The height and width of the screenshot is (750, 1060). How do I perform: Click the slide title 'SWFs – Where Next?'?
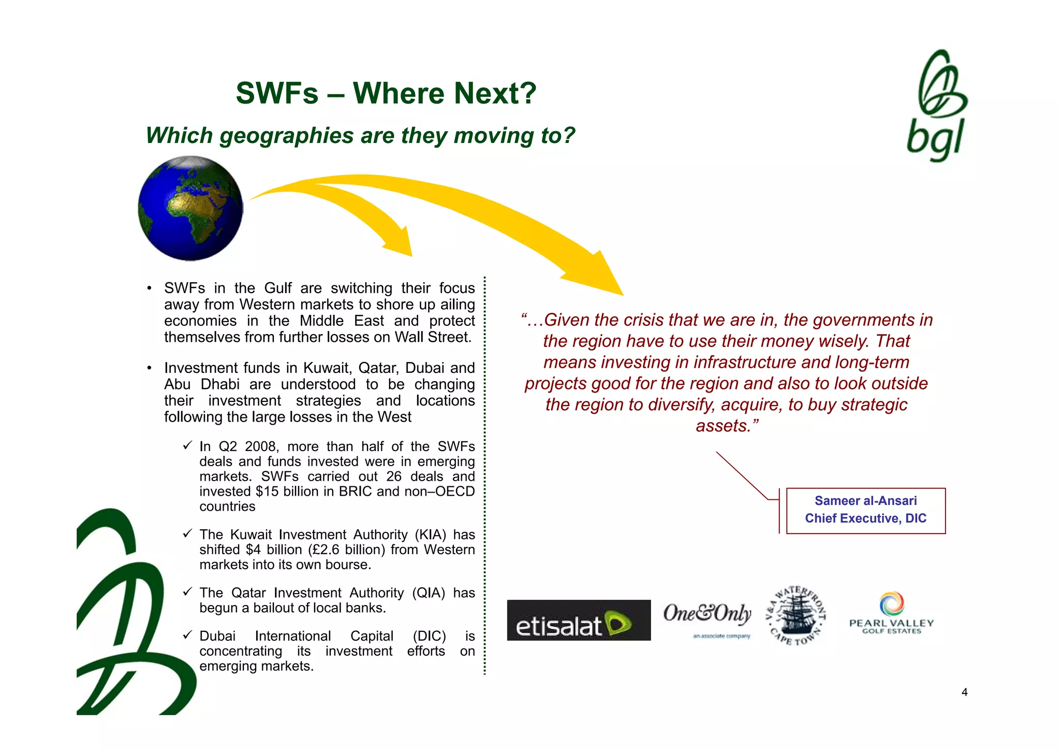click(386, 93)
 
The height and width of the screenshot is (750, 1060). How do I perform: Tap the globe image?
click(190, 208)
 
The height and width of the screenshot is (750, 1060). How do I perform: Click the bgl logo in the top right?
click(937, 106)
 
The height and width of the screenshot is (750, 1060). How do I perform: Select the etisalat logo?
click(579, 621)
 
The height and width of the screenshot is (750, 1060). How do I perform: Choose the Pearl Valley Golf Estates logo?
click(891, 613)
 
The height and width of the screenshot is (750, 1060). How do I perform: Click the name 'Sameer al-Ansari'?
click(865, 501)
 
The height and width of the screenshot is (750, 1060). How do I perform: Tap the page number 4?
click(964, 692)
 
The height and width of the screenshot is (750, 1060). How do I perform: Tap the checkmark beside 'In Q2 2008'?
click(187, 445)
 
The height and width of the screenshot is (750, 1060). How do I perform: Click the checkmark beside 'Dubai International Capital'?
click(187, 635)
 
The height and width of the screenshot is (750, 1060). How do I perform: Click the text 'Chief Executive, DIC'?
click(865, 518)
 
